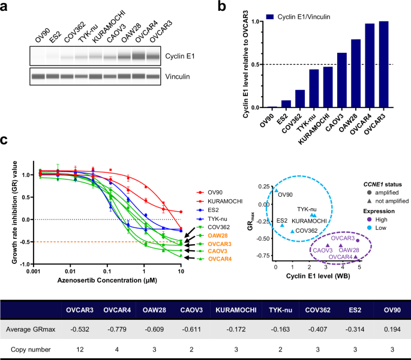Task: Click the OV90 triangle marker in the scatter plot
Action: [x=277, y=191]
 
